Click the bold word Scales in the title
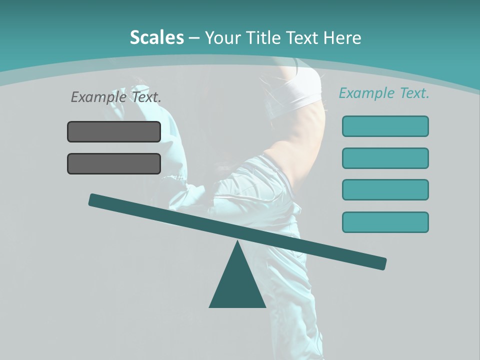(x=156, y=38)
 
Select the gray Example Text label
(x=116, y=97)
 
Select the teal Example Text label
(x=384, y=93)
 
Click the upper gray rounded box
(x=114, y=131)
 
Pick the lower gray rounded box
(x=114, y=163)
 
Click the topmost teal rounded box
(x=385, y=126)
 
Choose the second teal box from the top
(x=385, y=158)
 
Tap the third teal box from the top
(x=385, y=189)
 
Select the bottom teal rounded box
(x=385, y=222)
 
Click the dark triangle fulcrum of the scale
(x=237, y=285)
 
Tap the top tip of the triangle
(x=238, y=242)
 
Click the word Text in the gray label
(x=146, y=97)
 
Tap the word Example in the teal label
(x=366, y=93)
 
